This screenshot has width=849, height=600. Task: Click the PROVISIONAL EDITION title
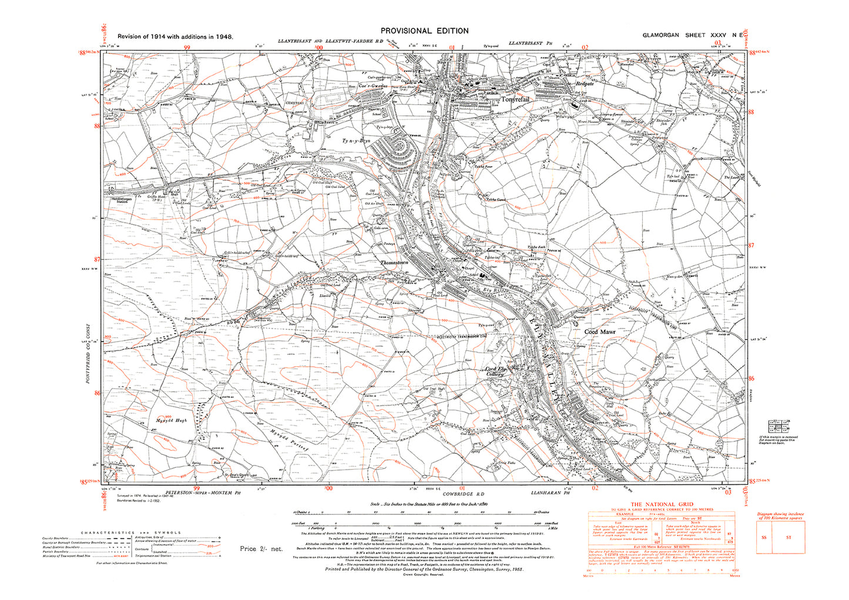(x=424, y=31)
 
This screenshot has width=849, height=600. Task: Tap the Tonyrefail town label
(x=515, y=100)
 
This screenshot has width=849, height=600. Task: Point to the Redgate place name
(x=585, y=84)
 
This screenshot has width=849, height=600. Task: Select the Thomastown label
(x=394, y=263)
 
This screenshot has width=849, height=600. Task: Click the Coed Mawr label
(x=599, y=332)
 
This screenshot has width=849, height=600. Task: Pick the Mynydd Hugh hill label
(x=172, y=420)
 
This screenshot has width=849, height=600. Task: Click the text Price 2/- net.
(x=261, y=549)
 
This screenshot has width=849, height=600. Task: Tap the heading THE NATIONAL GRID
(x=662, y=504)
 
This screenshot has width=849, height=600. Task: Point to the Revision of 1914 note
(x=175, y=36)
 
